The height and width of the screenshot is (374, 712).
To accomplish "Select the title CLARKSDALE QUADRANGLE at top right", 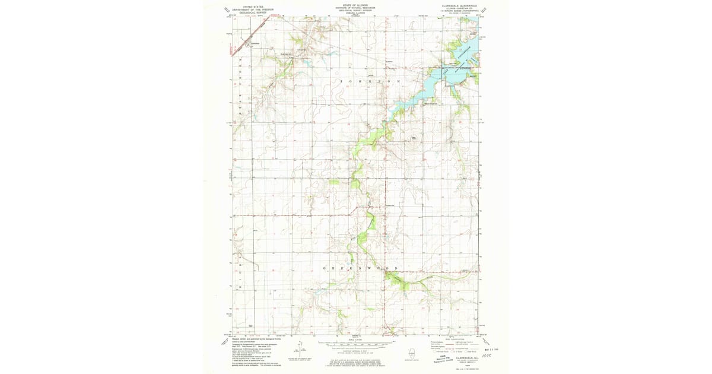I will click(x=459, y=4).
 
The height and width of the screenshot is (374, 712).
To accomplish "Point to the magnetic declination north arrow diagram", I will click(x=301, y=350).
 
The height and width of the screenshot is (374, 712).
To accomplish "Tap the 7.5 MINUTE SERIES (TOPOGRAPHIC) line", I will click(x=459, y=10).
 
